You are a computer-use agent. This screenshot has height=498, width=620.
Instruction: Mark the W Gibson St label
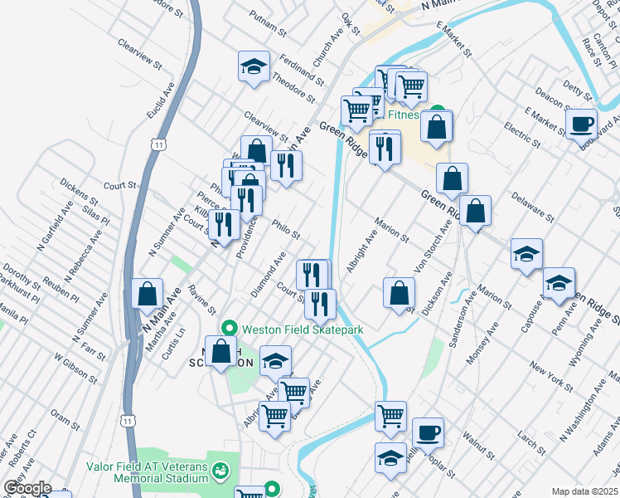(70, 372)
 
